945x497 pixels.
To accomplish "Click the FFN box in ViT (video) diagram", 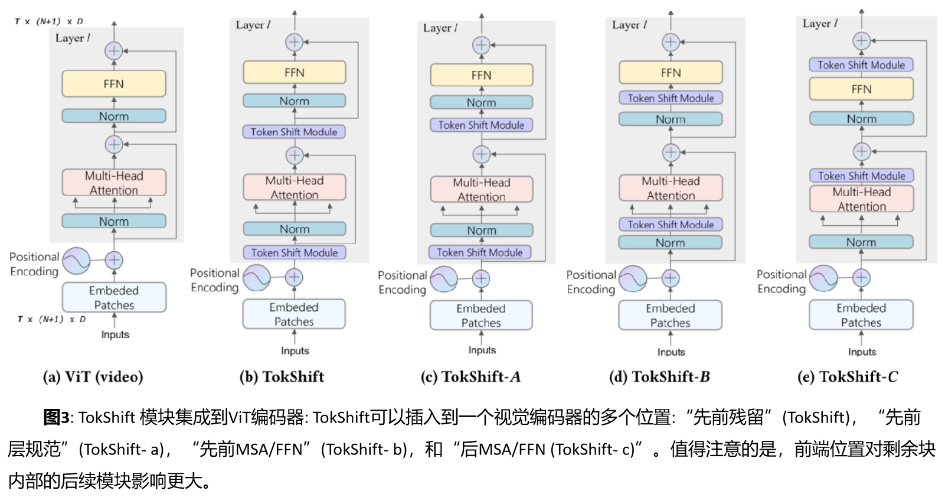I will click(114, 84).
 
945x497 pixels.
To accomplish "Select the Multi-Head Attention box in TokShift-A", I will click(482, 190).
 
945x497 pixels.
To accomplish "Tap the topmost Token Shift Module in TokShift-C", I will click(861, 65).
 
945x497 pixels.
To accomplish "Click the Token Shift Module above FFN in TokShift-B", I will click(671, 98).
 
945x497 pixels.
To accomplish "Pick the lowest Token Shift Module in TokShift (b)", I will click(295, 253).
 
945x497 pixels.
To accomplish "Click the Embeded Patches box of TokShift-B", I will click(670, 316).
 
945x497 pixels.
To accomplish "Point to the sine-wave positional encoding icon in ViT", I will click(77, 261).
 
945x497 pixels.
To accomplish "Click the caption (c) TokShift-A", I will click(470, 377).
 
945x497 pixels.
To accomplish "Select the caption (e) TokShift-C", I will click(848, 377).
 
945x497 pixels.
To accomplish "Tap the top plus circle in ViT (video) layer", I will click(114, 51).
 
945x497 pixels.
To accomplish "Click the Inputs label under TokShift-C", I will click(862, 352).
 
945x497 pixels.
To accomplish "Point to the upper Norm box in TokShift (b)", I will click(295, 101).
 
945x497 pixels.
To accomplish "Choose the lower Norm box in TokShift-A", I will click(482, 230).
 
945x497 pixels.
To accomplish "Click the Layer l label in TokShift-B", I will click(629, 25).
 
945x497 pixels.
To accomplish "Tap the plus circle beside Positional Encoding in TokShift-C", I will click(861, 277).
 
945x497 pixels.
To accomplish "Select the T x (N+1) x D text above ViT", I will click(49, 21).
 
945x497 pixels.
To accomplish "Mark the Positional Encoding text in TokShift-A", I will click(403, 282).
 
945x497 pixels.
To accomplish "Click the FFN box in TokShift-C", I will click(861, 89).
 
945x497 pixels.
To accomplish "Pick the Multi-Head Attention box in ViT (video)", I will click(114, 183).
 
